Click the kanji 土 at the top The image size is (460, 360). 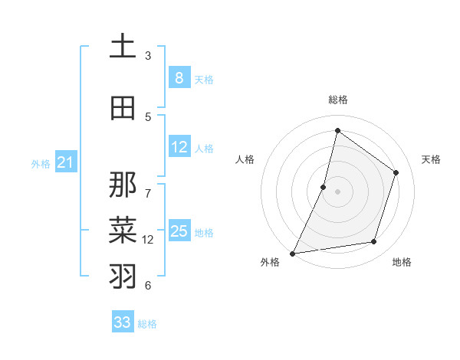click(123, 46)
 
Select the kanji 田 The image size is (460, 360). click(123, 107)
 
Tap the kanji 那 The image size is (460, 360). click(123, 185)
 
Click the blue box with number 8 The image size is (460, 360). click(179, 77)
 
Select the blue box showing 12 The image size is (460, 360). click(179, 147)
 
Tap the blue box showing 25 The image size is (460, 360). click(179, 231)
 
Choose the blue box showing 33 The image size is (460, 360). click(123, 322)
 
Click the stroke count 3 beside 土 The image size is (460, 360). click(148, 55)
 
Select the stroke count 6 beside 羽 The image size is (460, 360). click(148, 285)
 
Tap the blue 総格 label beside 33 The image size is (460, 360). click(147, 324)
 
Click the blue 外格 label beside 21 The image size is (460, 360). click(41, 163)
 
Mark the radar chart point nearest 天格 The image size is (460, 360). click(396, 172)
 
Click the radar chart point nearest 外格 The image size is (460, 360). click(292, 253)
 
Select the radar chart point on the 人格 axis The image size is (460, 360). click(324, 187)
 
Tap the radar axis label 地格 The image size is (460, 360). click(402, 262)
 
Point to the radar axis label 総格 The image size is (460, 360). click(337, 100)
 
